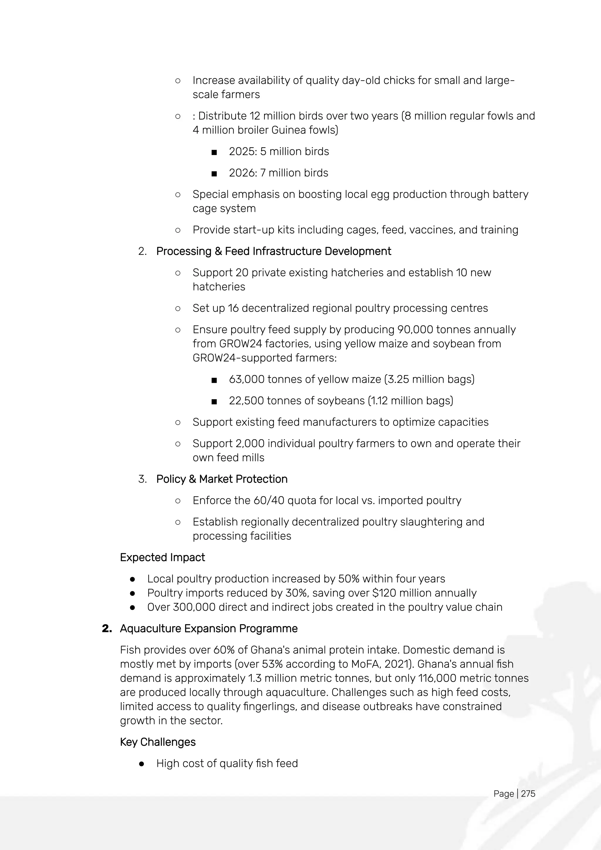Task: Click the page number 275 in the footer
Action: pyautogui.click(x=528, y=793)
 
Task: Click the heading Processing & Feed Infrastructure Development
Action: pyautogui.click(x=274, y=251)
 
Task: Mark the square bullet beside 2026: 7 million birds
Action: pyautogui.click(x=214, y=173)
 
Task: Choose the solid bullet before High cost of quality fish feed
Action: pyautogui.click(x=141, y=763)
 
